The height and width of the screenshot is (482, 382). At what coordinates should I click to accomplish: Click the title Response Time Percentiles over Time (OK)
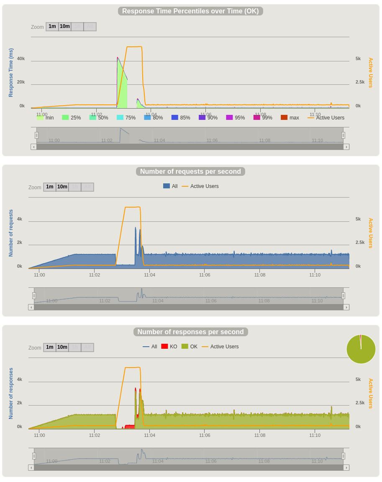point(190,11)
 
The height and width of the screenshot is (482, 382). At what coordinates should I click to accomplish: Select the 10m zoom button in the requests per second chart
point(62,187)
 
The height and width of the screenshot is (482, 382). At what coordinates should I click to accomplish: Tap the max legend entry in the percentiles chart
point(290,118)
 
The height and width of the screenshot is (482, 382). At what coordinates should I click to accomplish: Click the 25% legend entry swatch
point(65,118)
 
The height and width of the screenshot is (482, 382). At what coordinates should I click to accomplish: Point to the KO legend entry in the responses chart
point(169,347)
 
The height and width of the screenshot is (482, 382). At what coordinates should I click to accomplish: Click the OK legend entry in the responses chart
point(190,347)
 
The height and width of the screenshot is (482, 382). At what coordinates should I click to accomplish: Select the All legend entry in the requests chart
point(170,186)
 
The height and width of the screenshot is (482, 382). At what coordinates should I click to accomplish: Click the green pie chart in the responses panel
point(361,349)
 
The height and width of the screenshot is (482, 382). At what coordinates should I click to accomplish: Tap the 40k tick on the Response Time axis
point(21,58)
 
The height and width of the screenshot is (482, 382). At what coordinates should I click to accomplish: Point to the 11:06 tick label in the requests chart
point(205,275)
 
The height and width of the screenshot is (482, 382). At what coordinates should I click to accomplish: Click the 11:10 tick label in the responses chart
point(315,435)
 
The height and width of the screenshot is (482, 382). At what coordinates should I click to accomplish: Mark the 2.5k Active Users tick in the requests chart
point(360,242)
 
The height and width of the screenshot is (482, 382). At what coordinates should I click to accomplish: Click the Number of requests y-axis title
point(11,233)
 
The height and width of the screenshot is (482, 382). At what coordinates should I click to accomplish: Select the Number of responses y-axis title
point(11,393)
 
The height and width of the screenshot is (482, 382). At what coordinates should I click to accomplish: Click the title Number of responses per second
point(190,332)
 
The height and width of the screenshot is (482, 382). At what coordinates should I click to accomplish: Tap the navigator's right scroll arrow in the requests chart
point(346,307)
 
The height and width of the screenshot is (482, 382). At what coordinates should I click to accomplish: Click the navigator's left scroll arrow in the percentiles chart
point(33,147)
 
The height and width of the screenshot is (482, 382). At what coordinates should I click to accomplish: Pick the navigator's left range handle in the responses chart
point(34,456)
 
